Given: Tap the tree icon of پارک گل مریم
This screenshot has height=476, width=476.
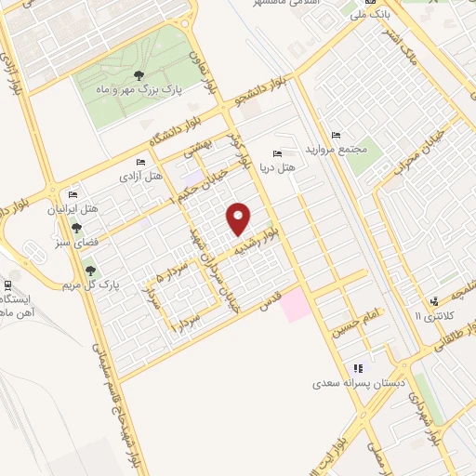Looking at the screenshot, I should click(x=90, y=271).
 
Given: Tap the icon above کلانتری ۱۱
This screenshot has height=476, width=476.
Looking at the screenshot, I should click(x=434, y=302).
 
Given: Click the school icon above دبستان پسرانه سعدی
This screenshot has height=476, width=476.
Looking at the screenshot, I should click(x=358, y=368).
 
